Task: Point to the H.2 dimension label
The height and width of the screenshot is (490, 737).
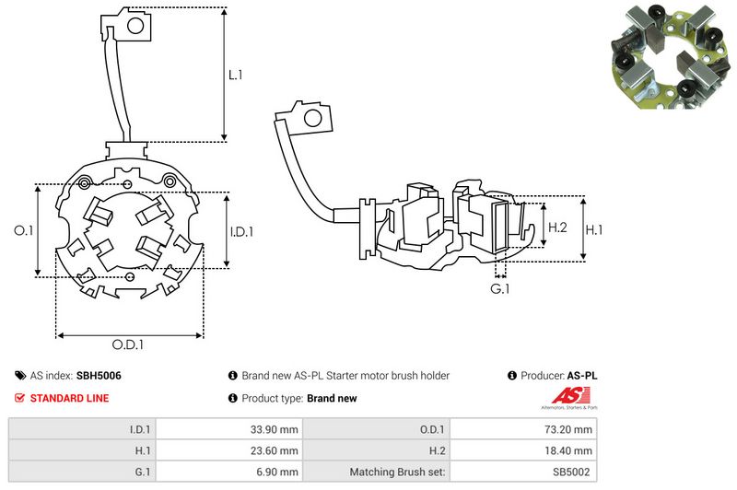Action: (x=557, y=227)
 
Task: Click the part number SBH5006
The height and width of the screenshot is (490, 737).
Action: (x=99, y=376)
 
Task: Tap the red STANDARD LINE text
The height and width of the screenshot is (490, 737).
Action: (x=70, y=398)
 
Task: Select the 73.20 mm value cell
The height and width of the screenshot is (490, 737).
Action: (x=570, y=429)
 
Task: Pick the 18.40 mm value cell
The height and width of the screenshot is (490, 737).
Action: (x=570, y=450)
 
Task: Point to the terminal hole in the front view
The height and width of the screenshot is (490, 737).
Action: (x=134, y=29)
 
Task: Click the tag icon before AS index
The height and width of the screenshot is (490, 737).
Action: (x=19, y=376)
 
